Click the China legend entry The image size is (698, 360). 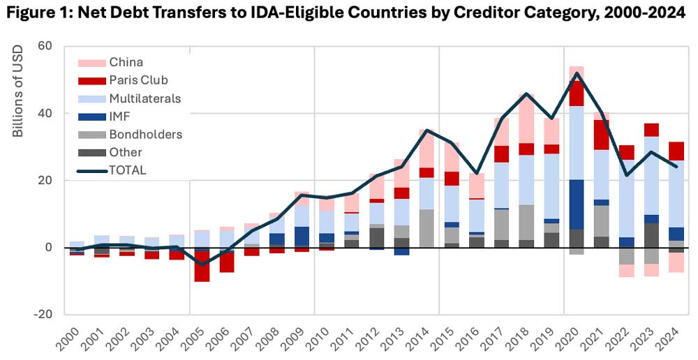[x=125, y=62]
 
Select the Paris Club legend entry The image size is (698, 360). [x=139, y=80]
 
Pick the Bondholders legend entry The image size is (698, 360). [x=146, y=134]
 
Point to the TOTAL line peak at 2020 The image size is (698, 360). [x=577, y=73]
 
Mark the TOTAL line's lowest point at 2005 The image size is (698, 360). [x=202, y=264]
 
